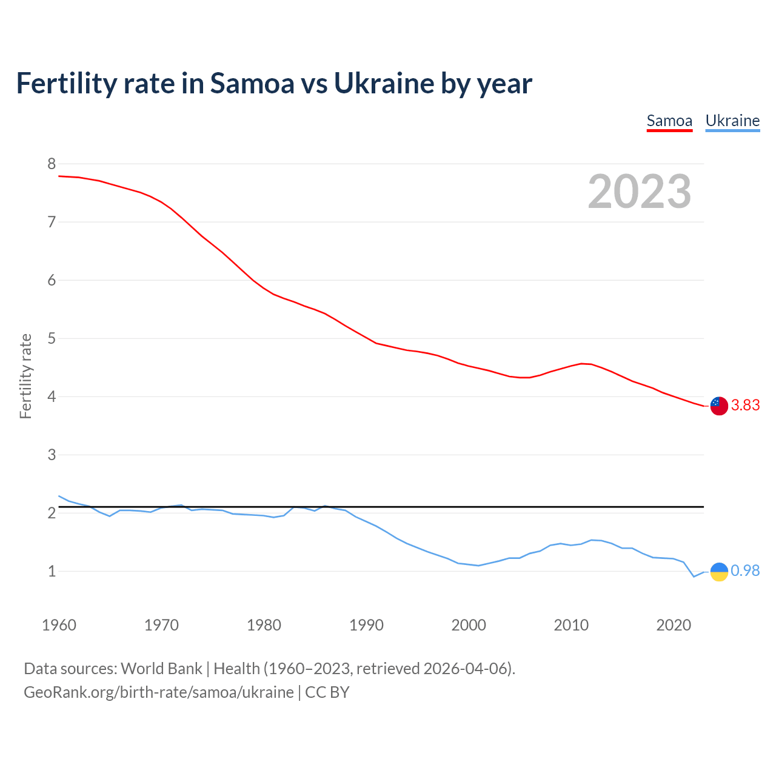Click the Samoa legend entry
[x=669, y=121]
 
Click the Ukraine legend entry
[x=732, y=121]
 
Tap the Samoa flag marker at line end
[x=718, y=406]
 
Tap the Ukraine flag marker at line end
[x=718, y=571]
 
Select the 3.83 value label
[x=745, y=406]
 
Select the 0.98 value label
[x=745, y=571]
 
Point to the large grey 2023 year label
[x=640, y=192]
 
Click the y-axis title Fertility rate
[x=25, y=376]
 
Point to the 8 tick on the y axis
[x=52, y=164]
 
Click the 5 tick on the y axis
[x=52, y=338]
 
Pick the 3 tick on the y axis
[x=52, y=455]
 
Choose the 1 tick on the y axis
[x=52, y=571]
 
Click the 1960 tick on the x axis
[x=59, y=625]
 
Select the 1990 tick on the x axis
[x=366, y=625]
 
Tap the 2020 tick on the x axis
[x=674, y=625]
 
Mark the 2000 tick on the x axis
[x=469, y=625]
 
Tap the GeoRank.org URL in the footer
[x=158, y=692]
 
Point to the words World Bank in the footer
[x=161, y=669]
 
